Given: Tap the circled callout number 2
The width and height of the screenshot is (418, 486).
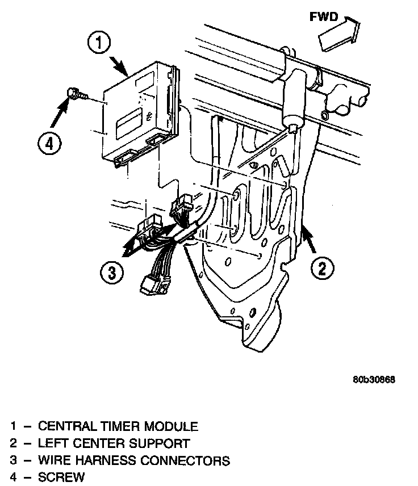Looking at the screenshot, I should pyautogui.click(x=321, y=267).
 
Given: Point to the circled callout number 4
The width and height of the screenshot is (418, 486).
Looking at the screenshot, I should pyautogui.click(x=49, y=144).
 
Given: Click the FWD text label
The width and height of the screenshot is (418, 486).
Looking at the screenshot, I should pyautogui.click(x=324, y=17).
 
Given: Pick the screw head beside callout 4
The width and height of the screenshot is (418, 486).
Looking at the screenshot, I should pyautogui.click(x=73, y=93).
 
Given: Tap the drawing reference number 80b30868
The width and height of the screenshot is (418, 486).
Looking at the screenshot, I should pyautogui.click(x=373, y=380).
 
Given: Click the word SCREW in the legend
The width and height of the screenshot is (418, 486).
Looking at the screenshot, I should pyautogui.click(x=61, y=477).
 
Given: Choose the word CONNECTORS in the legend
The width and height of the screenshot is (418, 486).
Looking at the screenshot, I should pyautogui.click(x=191, y=460).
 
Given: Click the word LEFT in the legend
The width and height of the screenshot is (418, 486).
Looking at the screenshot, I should pyautogui.click(x=52, y=443).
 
